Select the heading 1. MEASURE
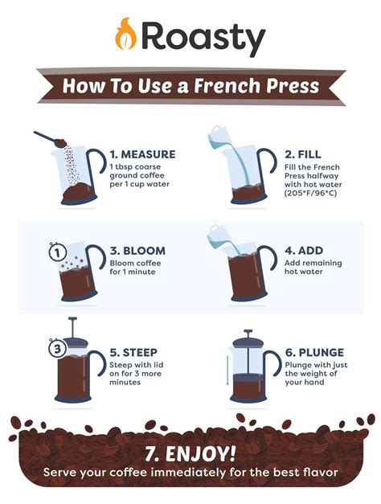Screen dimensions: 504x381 [x=142, y=154]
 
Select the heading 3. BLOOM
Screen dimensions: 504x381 [x=137, y=252]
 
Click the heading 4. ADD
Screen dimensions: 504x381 [x=299, y=252]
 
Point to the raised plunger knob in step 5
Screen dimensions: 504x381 [x=72, y=320]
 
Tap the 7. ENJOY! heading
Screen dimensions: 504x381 [x=190, y=450]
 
